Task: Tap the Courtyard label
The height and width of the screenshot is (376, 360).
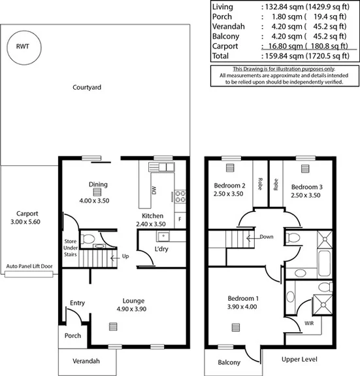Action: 86,86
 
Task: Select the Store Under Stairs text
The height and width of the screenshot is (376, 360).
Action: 70,248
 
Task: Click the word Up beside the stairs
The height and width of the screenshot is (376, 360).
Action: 126,256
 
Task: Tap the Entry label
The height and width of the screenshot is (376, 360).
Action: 78,303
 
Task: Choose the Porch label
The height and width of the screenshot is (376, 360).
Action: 72,335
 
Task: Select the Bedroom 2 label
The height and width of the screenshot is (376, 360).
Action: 229,190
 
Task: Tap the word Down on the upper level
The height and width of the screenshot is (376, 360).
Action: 267,237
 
